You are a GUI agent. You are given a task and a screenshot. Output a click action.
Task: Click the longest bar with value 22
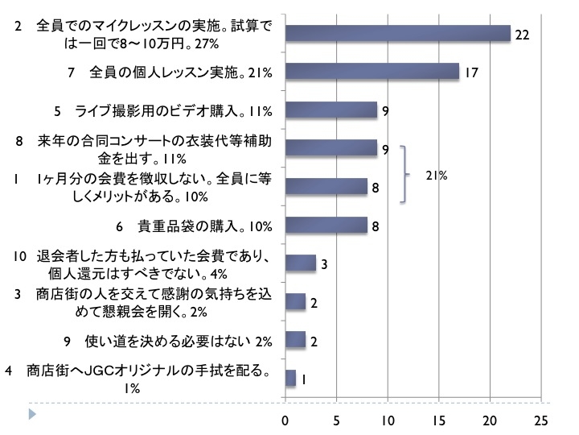398,33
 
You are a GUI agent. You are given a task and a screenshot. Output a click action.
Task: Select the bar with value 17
372,72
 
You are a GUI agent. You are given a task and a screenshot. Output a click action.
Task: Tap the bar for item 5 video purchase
331,110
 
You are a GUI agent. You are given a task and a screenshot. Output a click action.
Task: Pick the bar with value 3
300,263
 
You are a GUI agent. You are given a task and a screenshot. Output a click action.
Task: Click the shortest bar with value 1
290,378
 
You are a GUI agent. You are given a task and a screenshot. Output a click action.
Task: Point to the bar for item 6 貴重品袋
326,226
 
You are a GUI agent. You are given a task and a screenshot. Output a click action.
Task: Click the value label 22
522,35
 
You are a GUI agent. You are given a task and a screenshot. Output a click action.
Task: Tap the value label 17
472,73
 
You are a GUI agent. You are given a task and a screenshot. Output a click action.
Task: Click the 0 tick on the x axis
285,420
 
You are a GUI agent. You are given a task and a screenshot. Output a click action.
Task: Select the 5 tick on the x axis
336,420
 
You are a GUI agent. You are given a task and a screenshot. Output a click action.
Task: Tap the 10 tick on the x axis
388,420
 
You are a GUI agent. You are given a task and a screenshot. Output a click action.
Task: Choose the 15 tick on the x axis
439,420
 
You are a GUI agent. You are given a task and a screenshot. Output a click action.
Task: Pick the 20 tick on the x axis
490,420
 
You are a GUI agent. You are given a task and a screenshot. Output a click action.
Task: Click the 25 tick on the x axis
541,420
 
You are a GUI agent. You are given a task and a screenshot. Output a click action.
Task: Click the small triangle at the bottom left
31,415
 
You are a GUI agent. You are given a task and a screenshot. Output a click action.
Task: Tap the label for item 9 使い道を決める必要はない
168,341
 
